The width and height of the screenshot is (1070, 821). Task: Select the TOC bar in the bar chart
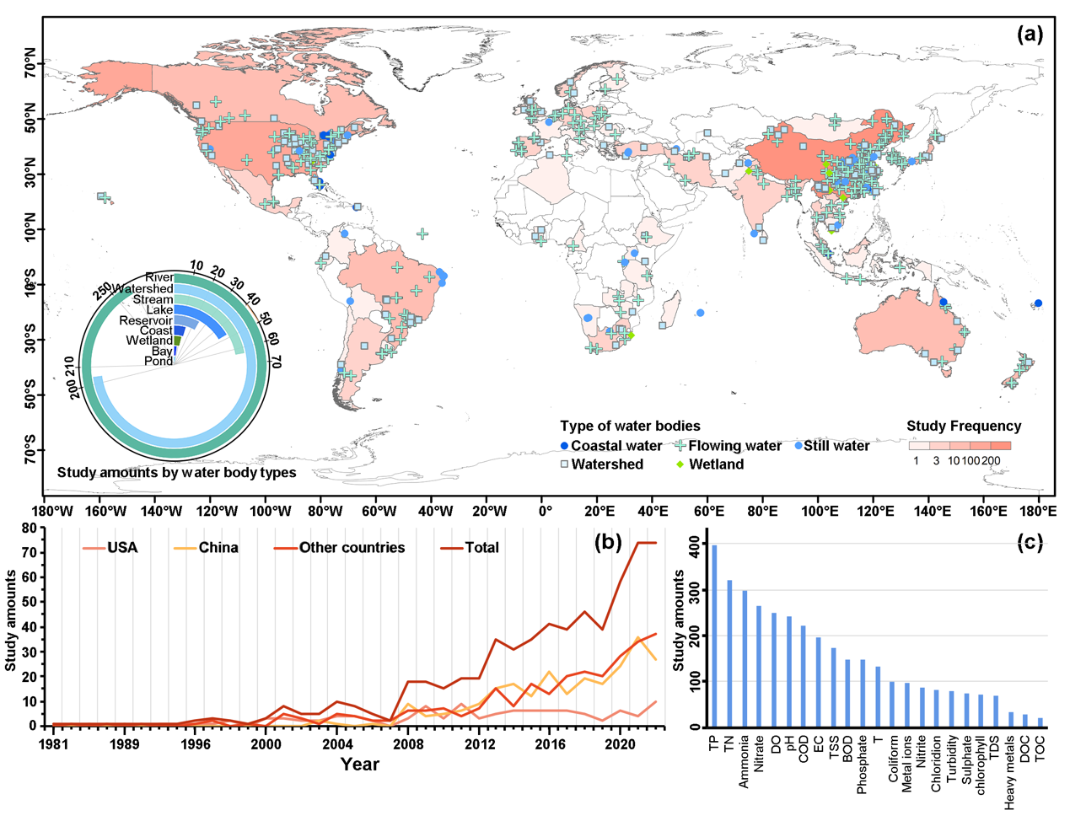(1040, 722)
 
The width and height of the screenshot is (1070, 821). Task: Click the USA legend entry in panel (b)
(121, 548)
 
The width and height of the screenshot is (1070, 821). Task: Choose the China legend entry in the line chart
(218, 548)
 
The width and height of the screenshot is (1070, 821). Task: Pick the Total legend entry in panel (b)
(481, 548)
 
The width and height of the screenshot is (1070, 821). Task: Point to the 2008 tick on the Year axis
(408, 744)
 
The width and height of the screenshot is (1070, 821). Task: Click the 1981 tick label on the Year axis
(53, 744)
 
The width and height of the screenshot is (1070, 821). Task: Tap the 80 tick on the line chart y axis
(30, 529)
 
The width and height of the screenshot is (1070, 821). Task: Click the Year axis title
(359, 765)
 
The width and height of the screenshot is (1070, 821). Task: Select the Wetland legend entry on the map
(716, 464)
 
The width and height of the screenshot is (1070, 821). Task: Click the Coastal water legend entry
(616, 446)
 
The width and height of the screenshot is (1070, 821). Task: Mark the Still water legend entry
(836, 446)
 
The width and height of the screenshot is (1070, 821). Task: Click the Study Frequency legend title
(963, 426)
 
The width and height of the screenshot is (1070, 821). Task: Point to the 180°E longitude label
(1038, 511)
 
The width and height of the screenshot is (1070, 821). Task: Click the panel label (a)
(1030, 34)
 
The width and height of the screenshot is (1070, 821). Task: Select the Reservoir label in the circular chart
(146, 321)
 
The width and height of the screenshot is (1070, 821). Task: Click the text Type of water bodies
(630, 426)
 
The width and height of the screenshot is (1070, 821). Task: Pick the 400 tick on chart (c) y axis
(694, 546)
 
